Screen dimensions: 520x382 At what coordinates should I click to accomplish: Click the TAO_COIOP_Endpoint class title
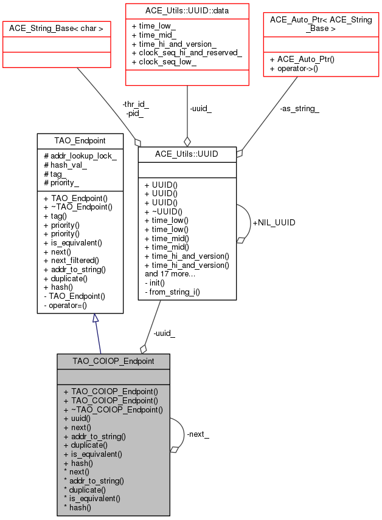tap(113, 361)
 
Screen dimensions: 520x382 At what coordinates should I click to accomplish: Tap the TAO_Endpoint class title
tap(80, 140)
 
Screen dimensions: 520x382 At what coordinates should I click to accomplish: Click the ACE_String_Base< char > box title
tap(56, 28)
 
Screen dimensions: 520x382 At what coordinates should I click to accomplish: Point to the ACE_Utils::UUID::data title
tap(187, 10)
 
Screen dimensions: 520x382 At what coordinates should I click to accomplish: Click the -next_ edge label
tap(198, 434)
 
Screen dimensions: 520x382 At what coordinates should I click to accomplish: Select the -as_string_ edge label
tap(299, 109)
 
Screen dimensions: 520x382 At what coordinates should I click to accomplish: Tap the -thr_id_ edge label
tap(136, 104)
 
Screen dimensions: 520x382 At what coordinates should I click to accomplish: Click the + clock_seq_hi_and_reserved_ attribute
tap(186, 53)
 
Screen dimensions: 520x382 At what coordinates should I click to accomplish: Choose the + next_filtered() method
tap(71, 260)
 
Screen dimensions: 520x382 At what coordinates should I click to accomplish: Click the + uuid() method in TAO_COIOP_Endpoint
tap(77, 418)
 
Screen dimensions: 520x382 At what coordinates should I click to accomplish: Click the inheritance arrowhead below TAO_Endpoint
tap(96, 318)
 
